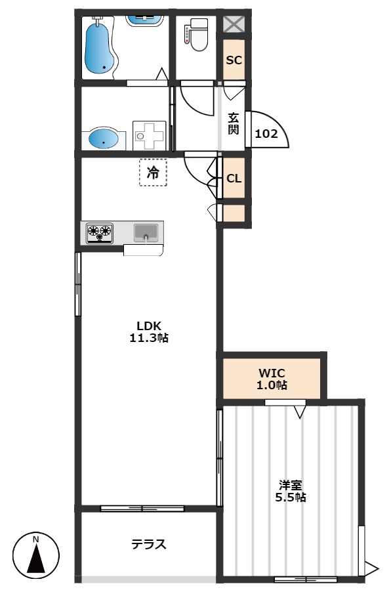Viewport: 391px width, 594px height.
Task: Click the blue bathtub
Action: pos(100,47)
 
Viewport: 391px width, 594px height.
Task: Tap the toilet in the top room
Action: pos(196,35)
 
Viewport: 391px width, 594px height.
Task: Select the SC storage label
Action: pos(234,60)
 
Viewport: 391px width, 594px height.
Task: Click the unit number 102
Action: pos(266,133)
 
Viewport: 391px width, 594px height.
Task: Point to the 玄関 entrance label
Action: pos(233,123)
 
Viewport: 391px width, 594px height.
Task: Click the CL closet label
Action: pos(234,178)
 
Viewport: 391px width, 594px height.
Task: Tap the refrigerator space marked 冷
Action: pos(153,173)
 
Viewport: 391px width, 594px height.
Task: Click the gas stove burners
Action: pos(100,232)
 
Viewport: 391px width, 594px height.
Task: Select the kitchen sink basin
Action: pos(146,232)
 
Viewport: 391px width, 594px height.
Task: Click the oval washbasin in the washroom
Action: pos(104,138)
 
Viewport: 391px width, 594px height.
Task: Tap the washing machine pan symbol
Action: pos(150,136)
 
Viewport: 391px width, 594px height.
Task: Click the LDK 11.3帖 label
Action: pos(149,331)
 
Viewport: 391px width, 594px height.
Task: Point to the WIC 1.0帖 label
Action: pos(272,379)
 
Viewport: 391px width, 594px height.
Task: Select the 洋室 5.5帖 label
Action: pos(291,491)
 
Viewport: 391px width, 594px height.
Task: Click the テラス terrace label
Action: pos(149,544)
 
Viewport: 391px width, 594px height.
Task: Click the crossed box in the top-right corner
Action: pos(234,24)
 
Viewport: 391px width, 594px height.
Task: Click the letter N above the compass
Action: pos(36,539)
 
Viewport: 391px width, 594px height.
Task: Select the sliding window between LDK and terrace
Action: pos(142,509)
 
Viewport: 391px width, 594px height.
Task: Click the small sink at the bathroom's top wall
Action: pos(144,20)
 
